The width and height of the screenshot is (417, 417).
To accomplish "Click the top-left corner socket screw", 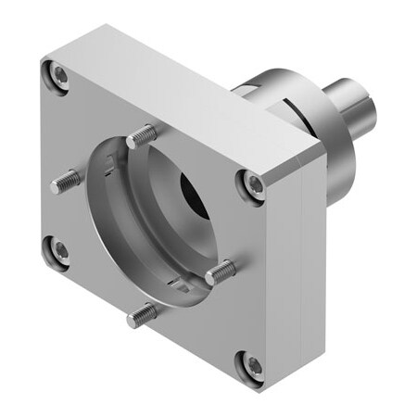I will click(x=60, y=74).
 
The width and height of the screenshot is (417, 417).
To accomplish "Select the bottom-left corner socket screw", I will click(x=58, y=249).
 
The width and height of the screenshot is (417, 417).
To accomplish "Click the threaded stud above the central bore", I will click(x=141, y=137).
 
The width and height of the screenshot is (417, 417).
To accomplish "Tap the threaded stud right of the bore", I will click(x=221, y=272).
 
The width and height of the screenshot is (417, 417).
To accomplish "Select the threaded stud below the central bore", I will click(x=143, y=316).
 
